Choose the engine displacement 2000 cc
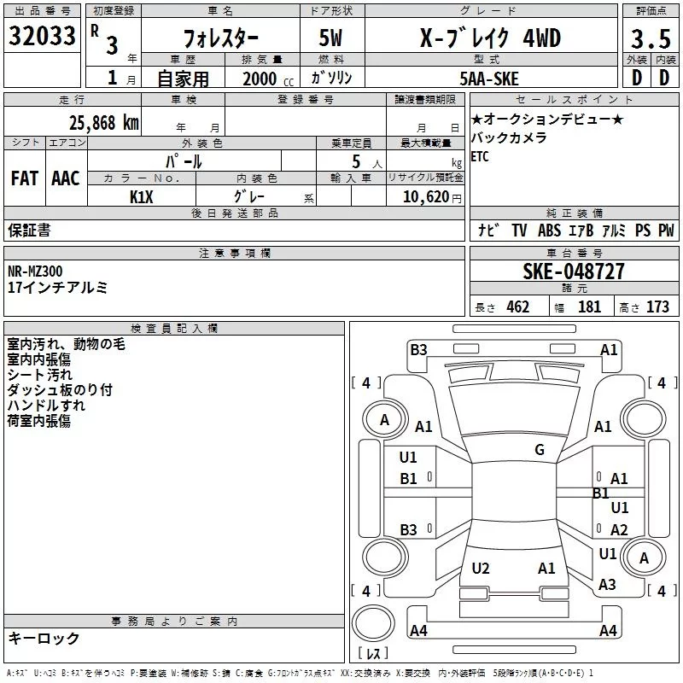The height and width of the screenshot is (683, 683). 260,79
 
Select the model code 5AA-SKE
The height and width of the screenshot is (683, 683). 488,79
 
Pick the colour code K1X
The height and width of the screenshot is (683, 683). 142,196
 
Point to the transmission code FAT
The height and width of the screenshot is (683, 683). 25,178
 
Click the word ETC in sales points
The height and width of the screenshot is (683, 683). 480,156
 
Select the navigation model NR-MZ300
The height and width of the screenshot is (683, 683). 35,271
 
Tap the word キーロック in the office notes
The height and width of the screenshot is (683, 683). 44,638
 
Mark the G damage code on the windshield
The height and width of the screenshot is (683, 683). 540,450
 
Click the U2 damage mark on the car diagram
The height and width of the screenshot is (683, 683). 481,569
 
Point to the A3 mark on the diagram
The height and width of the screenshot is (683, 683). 607,585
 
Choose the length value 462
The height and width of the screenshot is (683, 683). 517,307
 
